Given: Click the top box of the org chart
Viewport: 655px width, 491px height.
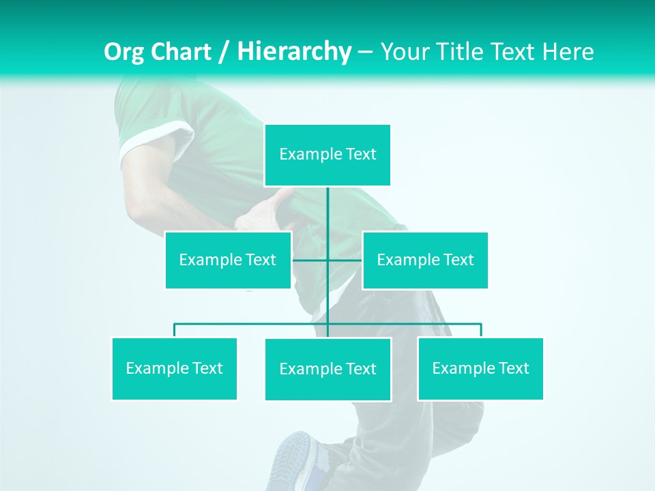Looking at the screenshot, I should (x=327, y=155).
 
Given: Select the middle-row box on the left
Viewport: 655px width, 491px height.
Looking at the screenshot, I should (x=228, y=260).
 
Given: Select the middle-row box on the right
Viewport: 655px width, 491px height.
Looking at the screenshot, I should (x=425, y=260).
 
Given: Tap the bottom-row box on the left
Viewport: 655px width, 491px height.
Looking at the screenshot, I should (x=175, y=368).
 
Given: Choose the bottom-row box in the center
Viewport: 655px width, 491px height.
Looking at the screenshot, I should (x=327, y=369).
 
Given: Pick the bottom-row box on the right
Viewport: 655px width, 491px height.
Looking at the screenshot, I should (x=480, y=368).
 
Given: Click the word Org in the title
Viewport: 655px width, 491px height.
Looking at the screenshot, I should (x=125, y=52).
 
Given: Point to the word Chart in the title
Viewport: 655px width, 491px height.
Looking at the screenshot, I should (x=181, y=52).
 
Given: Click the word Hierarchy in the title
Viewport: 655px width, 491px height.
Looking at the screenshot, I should (x=294, y=52).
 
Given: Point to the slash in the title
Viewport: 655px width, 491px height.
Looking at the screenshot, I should (x=224, y=52).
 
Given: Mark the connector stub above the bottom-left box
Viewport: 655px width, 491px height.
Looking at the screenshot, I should (x=175, y=330).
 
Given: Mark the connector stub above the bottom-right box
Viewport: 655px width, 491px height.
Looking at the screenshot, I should (x=480, y=330).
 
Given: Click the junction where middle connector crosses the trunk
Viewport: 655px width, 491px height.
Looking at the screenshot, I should (x=327, y=260).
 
